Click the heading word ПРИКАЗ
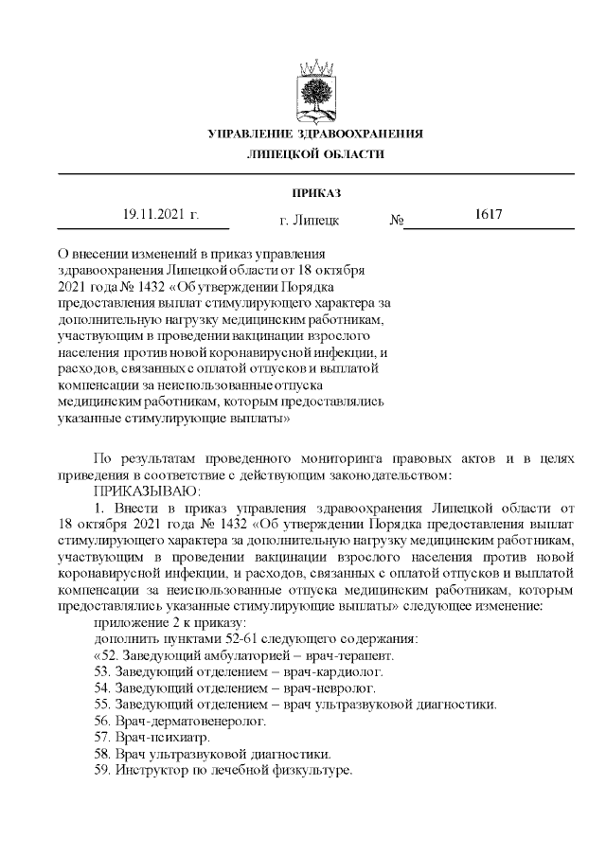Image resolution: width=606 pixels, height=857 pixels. coord(316,193)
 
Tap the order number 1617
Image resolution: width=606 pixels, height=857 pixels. coord(488,215)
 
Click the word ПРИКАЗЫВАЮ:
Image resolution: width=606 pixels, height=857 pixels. coord(145,491)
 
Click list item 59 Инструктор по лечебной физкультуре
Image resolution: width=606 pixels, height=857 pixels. coord(223,771)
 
